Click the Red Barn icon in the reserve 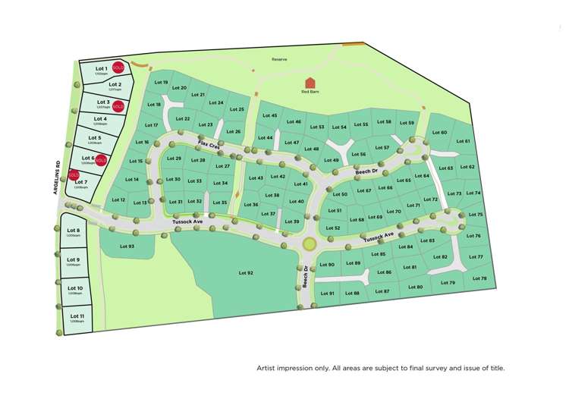click(310, 82)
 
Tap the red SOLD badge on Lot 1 click(118, 68)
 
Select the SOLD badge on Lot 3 click(118, 105)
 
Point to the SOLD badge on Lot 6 click(101, 160)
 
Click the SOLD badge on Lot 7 click(74, 175)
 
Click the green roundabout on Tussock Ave click(309, 244)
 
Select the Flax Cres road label click(209, 145)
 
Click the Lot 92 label click(245, 273)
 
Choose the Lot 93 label click(127, 247)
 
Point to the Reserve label click(280, 59)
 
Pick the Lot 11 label click(76, 316)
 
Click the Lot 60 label click(439, 133)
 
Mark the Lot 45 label click(269, 115)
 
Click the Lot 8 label click(74, 230)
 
